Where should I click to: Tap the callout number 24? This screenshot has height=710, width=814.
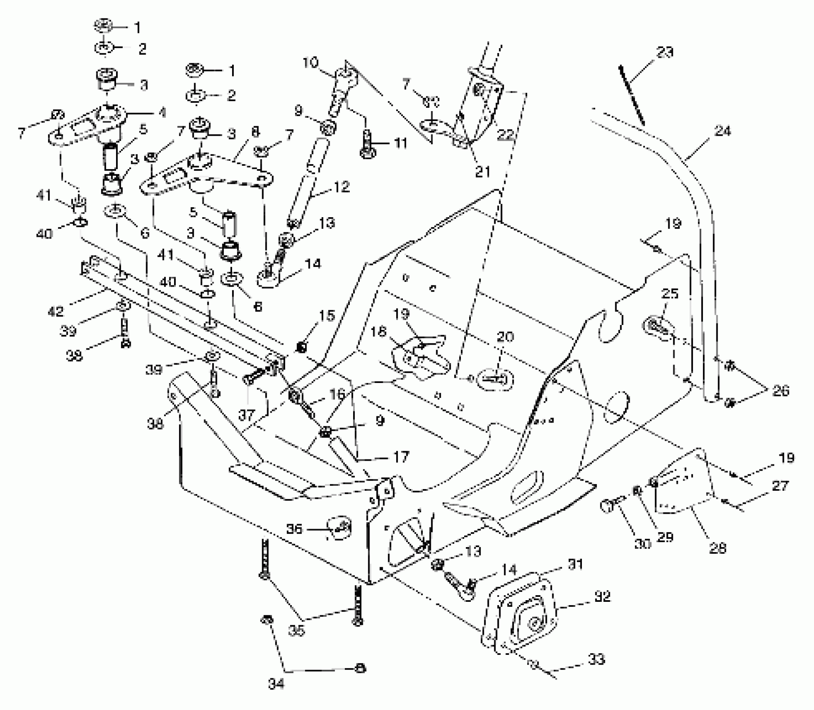coord(723,132)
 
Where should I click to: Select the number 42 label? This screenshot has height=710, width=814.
coord(56,311)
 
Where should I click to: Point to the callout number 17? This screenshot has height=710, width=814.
coord(401,457)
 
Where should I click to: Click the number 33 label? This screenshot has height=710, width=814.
coord(596,660)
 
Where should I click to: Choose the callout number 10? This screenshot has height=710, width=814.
coord(311,63)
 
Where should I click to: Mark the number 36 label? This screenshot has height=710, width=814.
coord(294,529)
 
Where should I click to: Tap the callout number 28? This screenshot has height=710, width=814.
coord(718,548)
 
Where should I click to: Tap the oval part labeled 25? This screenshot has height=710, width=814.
coord(658,325)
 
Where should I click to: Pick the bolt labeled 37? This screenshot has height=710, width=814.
coord(259,374)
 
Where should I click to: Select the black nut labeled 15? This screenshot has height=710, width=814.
coord(300,347)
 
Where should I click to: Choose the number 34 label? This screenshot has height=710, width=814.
coord(276,684)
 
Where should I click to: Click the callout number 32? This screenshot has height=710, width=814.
coord(602,596)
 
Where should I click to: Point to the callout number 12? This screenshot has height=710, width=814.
coord(341,187)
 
